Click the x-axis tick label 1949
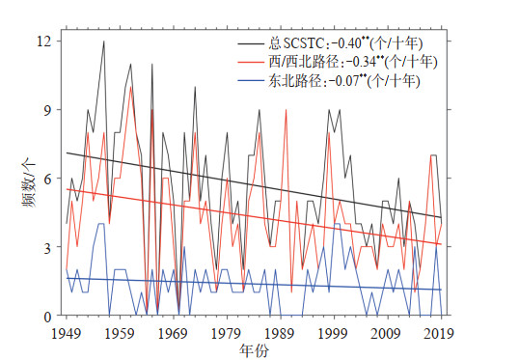(x=67, y=334)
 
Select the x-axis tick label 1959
(x=120, y=334)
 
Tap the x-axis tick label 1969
(x=173, y=334)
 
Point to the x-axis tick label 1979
(x=227, y=334)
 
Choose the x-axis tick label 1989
(x=280, y=334)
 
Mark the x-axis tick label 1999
(x=334, y=334)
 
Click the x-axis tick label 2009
(x=387, y=334)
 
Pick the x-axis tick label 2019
(x=439, y=334)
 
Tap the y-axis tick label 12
(x=44, y=42)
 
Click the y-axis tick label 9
(x=48, y=110)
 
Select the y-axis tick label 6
(x=48, y=179)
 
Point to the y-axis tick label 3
(x=48, y=247)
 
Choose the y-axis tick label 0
(x=48, y=316)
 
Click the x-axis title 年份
(x=255, y=351)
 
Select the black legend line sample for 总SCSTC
(x=251, y=43)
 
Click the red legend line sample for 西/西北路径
(x=251, y=62)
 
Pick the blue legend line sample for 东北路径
(x=251, y=80)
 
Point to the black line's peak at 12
(x=104, y=42)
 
